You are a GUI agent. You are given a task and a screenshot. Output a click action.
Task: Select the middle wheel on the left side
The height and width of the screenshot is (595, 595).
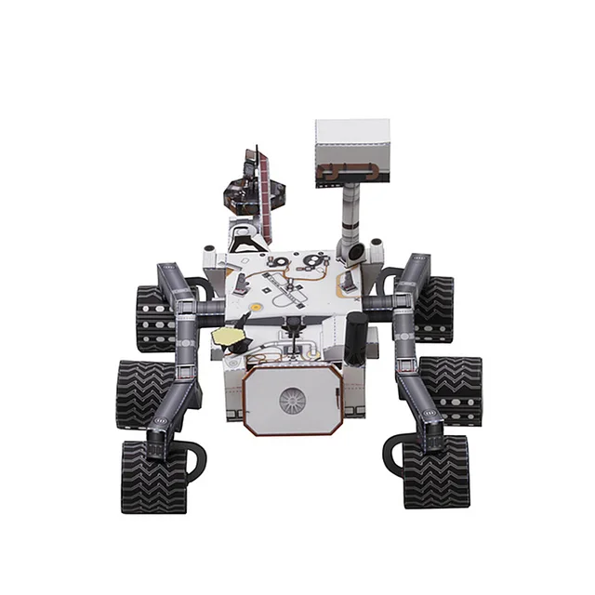[145, 391]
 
